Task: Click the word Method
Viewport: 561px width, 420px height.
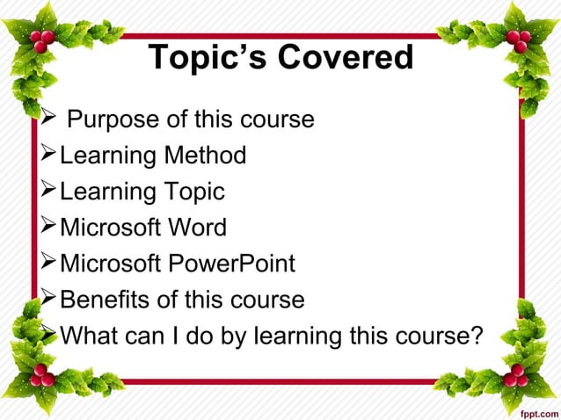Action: click(x=204, y=156)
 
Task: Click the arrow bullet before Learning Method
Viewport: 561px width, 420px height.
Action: click(x=49, y=156)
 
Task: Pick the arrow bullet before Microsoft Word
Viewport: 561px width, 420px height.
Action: click(x=49, y=228)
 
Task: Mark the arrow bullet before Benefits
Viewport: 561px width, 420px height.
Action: click(x=49, y=300)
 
